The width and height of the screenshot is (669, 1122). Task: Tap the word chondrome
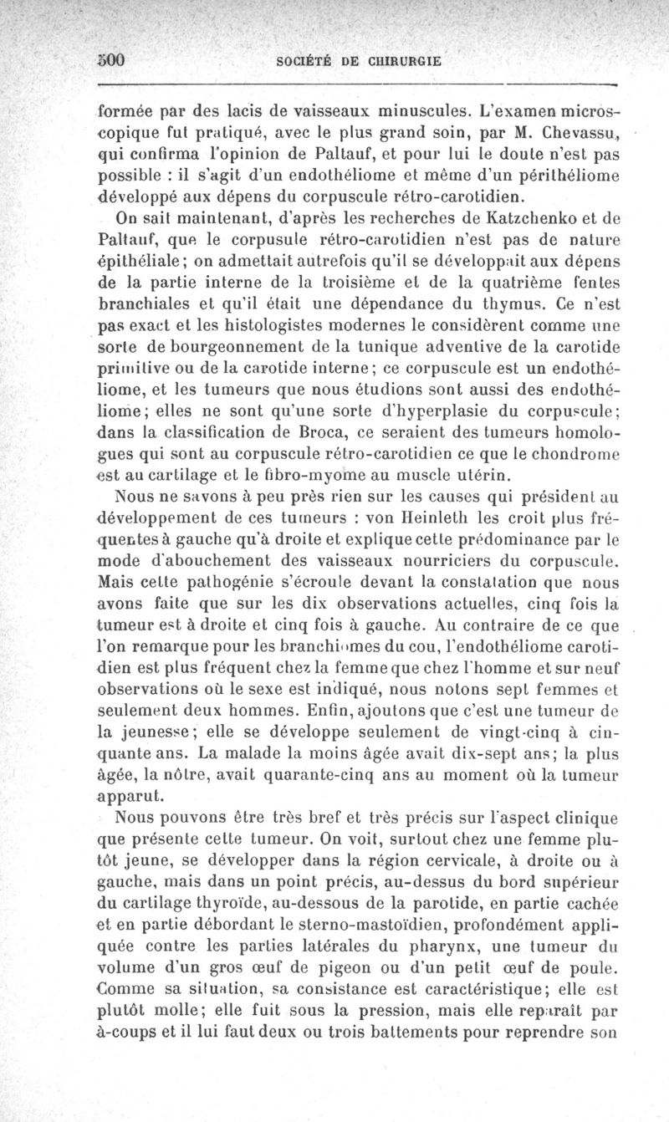point(577,458)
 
